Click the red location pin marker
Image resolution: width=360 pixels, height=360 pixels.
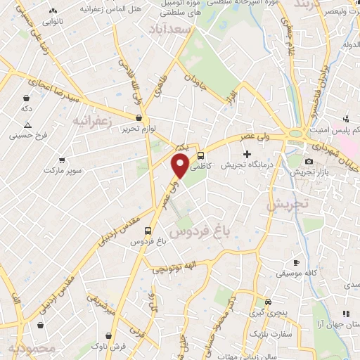[180, 167]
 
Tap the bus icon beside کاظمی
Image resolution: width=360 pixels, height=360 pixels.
[201, 155]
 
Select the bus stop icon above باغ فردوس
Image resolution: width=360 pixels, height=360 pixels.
[148, 230]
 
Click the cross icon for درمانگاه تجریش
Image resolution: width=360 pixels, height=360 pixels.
[246, 154]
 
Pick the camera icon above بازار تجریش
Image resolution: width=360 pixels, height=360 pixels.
[309, 162]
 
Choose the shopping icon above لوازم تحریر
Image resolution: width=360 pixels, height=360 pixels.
[139, 117]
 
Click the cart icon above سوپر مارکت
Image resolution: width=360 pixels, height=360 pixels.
[63, 160]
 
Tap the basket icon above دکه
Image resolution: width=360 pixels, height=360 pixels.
[26, 98]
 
